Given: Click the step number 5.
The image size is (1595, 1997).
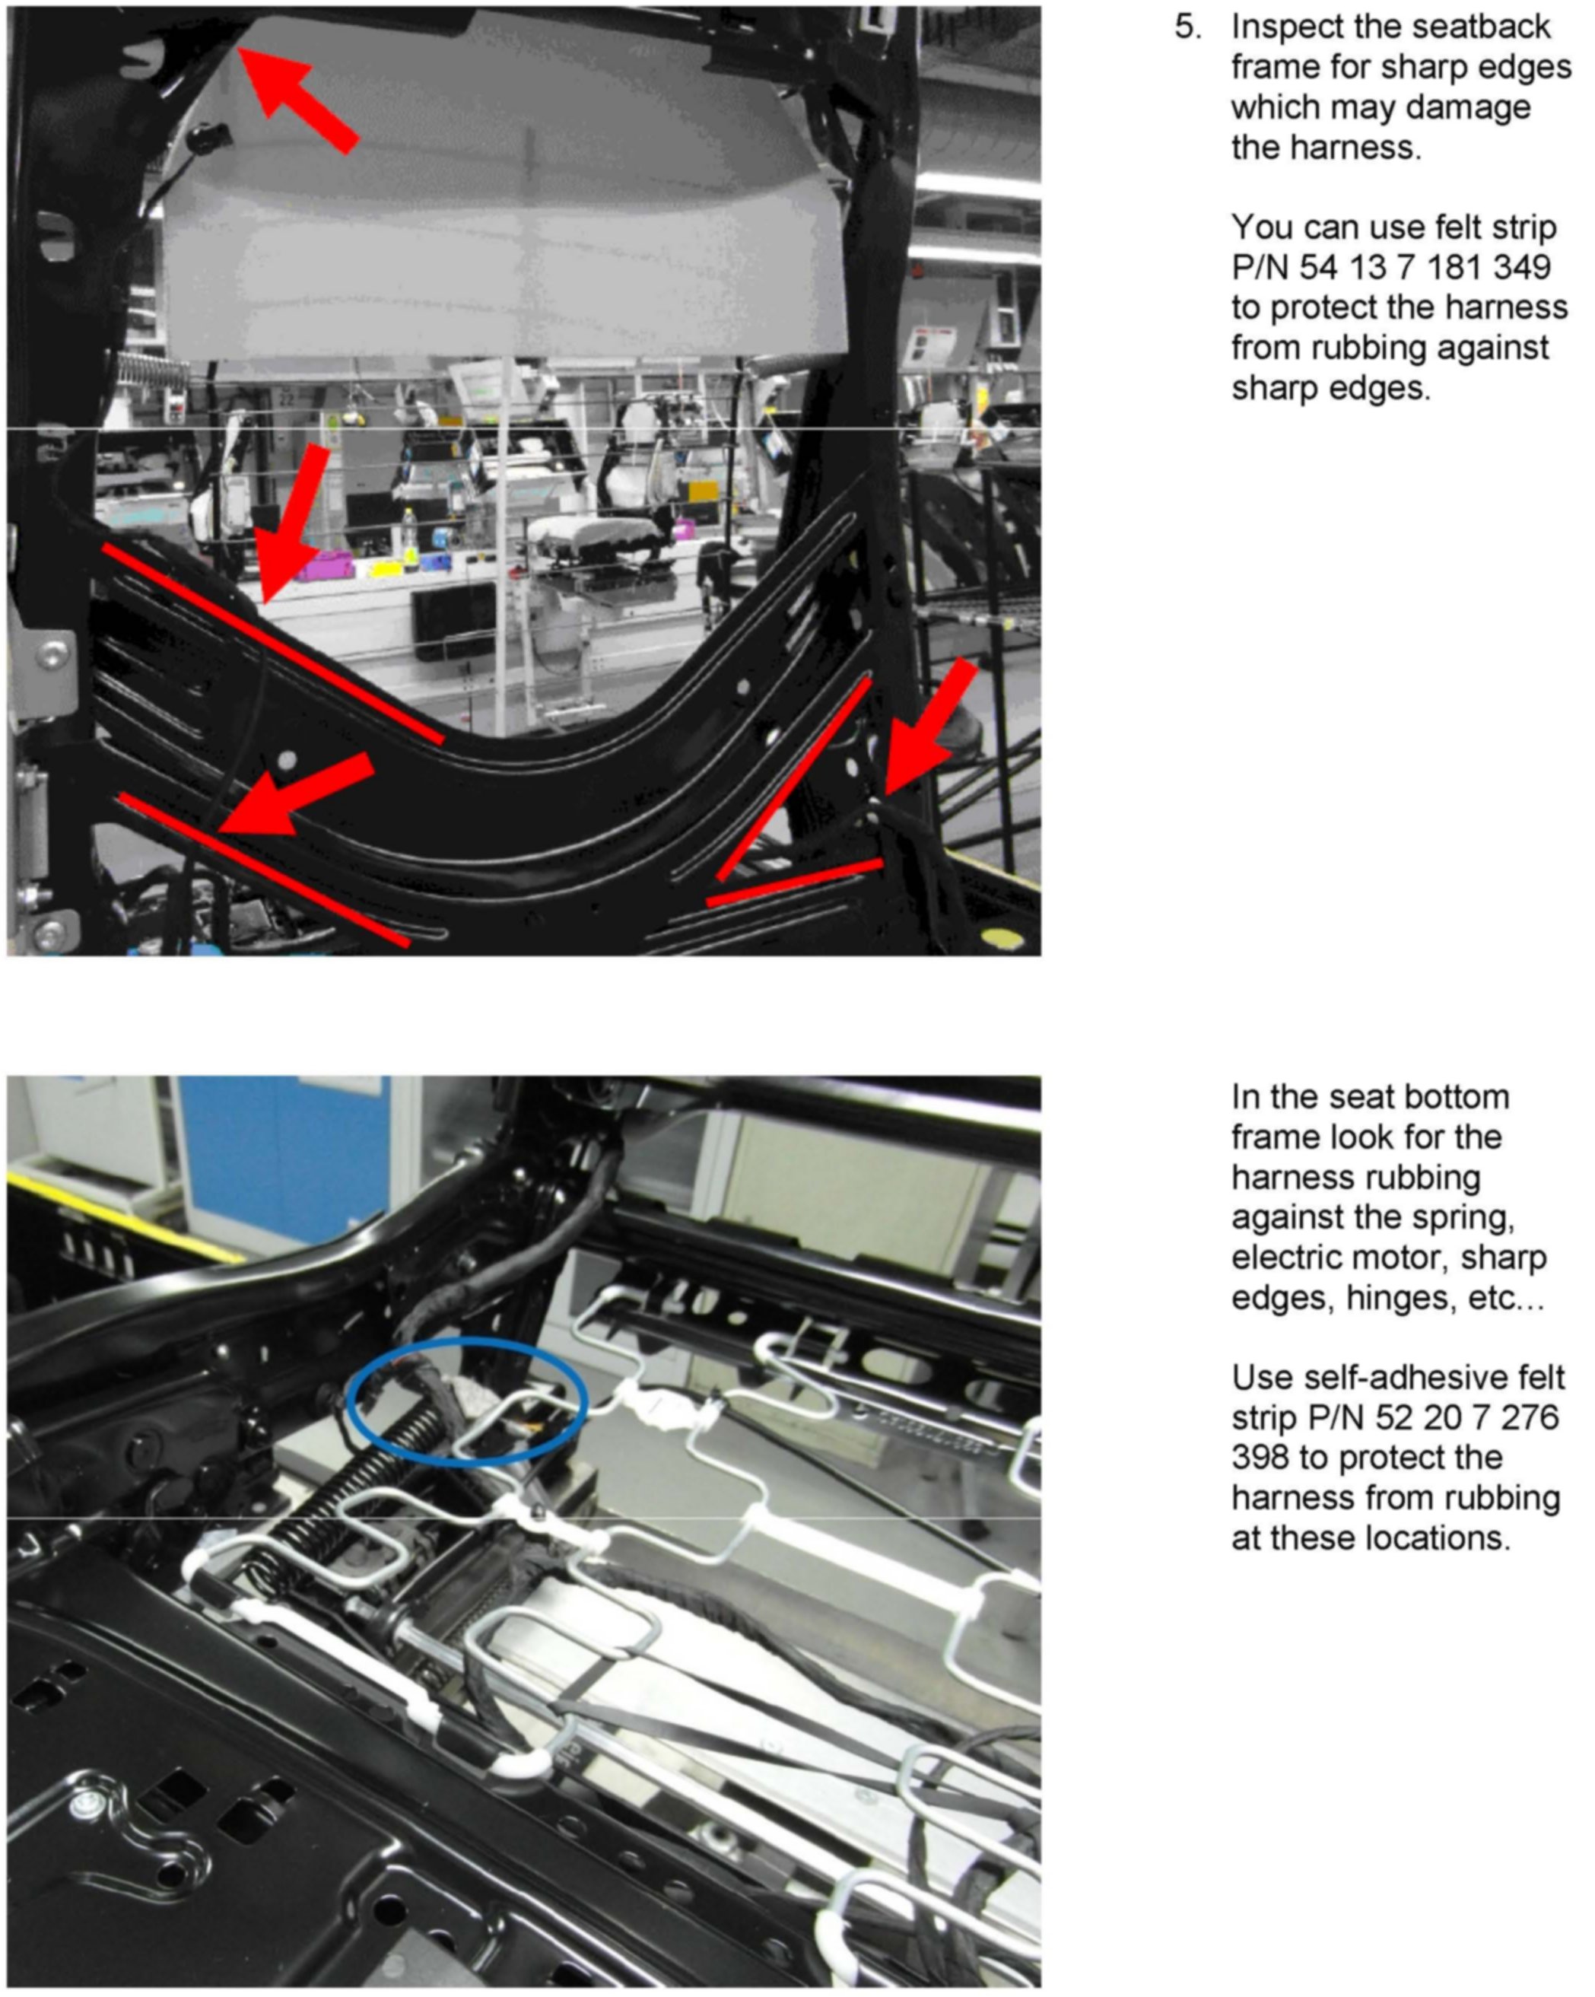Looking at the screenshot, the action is [x=1187, y=27].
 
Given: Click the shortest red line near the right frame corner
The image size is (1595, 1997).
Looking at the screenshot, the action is [x=794, y=881].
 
